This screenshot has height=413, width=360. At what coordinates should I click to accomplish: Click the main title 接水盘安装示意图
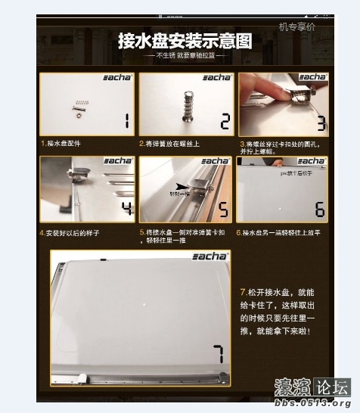[x=185, y=41]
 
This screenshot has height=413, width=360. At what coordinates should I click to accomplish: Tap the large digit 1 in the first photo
[x=126, y=121]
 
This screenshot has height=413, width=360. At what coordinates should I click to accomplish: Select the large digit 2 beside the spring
[x=224, y=121]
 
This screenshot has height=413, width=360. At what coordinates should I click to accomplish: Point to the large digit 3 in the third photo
[x=321, y=123]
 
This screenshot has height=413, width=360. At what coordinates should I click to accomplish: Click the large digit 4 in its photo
[x=126, y=207]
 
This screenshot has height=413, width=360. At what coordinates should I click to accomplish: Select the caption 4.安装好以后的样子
[x=70, y=233]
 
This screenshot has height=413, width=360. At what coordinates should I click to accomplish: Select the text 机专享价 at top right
[x=297, y=27]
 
